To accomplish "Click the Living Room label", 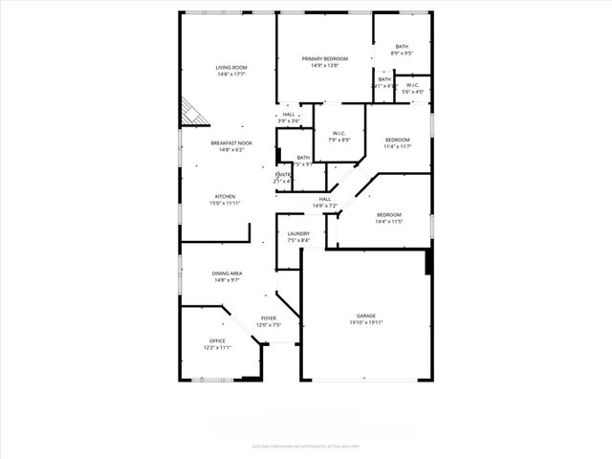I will [x=231, y=68].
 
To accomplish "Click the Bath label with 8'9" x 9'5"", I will [x=402, y=47].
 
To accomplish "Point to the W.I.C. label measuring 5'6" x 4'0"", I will [x=412, y=86].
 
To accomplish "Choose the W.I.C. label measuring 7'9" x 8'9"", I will [x=339, y=134].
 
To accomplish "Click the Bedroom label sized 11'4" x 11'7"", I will [x=397, y=140].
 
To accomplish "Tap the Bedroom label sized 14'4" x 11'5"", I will [x=388, y=215].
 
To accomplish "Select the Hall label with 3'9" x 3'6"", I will [x=289, y=115].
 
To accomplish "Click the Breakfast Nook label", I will [x=230, y=143].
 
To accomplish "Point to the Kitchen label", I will [x=225, y=196].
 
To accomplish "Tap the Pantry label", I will [x=284, y=175].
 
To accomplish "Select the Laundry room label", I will [x=298, y=234].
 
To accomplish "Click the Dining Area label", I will [x=227, y=273].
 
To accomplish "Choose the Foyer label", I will [x=269, y=318].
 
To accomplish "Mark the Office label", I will [x=217, y=341].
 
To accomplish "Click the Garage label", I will [x=365, y=316].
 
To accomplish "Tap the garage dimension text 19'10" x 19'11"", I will [x=365, y=323].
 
